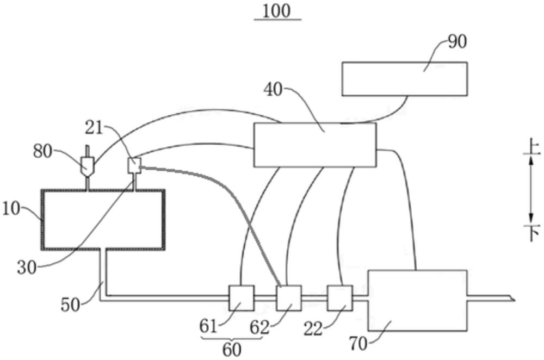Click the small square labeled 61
coord(242,298)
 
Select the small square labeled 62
coord(289,298)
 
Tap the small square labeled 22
coord(340,298)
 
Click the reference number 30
coord(27,268)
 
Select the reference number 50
coord(70,305)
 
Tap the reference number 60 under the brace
coord(232,350)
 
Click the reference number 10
coord(11,209)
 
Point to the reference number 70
coord(358,344)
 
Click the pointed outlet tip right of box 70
coord(515,299)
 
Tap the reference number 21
coord(94,128)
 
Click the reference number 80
coord(42,152)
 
